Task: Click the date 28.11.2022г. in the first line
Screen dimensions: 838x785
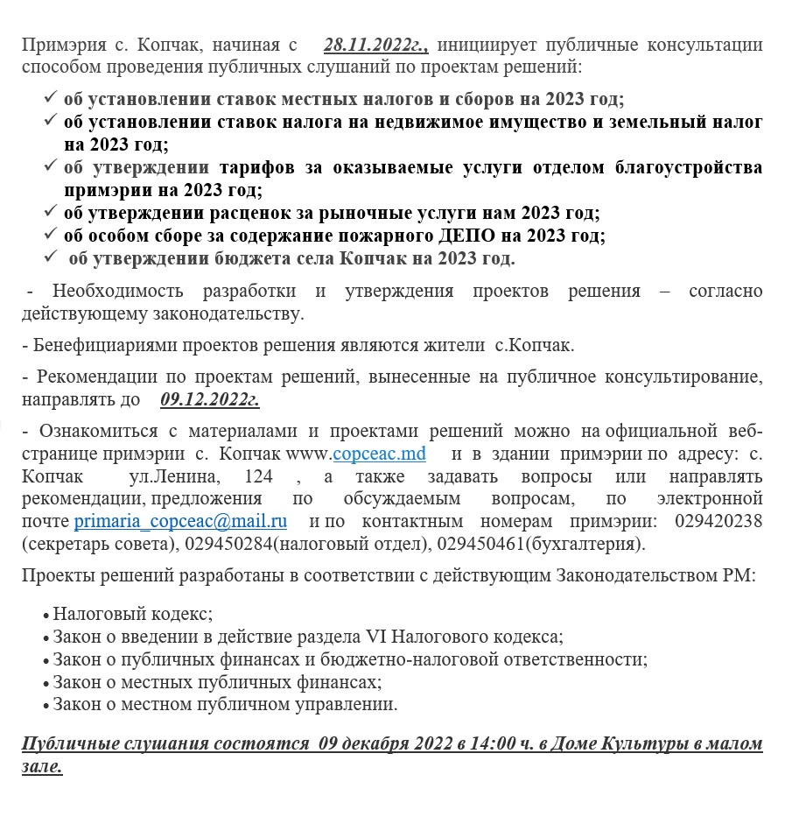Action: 375,45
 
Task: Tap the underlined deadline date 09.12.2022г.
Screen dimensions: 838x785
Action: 210,399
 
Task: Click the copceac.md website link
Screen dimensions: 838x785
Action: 379,454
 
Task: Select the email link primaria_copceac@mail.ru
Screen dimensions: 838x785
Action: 180,521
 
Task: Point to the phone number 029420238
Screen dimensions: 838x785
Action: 718,521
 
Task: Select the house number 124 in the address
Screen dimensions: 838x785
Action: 258,477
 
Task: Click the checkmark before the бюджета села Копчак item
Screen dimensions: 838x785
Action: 52,257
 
